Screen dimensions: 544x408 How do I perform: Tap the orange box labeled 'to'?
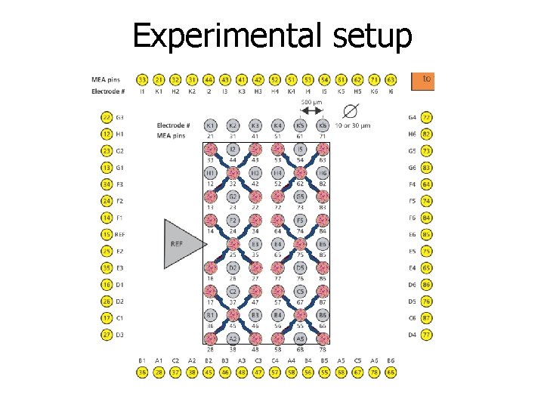coord(423,79)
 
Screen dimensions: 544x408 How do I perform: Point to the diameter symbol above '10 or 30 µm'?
coord(350,110)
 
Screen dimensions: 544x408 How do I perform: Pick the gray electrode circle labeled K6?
coord(323,125)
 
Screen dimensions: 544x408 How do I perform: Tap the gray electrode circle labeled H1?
coord(211,173)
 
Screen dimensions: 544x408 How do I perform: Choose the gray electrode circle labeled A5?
coord(300,338)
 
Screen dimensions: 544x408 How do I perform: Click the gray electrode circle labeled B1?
coord(211,315)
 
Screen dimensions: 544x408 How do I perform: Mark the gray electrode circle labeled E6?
coord(323,244)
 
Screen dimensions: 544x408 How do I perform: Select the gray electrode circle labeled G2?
coord(233,197)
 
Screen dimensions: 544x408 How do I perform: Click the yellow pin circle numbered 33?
coord(142,79)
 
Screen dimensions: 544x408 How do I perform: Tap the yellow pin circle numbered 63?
coord(391,79)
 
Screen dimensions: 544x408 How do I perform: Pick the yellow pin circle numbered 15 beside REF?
coord(107,234)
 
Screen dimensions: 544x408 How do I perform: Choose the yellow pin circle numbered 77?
coord(427,334)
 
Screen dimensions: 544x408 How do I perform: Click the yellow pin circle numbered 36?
coord(142,372)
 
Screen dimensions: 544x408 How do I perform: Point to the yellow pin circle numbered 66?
coord(391,372)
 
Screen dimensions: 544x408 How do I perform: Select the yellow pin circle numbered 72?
coord(427,118)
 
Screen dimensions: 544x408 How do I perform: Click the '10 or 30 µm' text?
coord(353,125)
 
